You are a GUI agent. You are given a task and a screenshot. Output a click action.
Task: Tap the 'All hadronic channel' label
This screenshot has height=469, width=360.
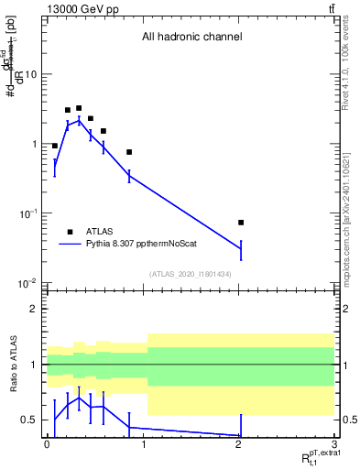coord(191,38)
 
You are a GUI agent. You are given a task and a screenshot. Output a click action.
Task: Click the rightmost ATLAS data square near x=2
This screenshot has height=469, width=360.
coord(241,223)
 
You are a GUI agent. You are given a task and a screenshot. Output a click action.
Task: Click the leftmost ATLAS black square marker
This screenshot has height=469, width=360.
coord(55,146)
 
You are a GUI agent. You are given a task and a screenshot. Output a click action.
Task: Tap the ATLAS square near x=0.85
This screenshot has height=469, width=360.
coord(129,152)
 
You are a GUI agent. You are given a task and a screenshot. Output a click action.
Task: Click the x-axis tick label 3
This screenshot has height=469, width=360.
coord(333,442)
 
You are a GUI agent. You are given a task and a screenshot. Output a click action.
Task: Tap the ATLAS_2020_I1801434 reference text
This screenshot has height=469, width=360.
coord(191,274)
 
